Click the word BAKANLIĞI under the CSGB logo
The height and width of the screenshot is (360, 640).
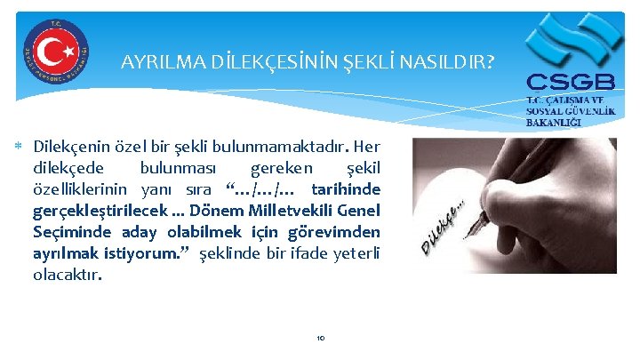pyautogui.click(x=553, y=121)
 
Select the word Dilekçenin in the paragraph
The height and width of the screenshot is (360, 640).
pyautogui.click(x=70, y=146)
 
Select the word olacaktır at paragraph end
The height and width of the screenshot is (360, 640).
pyautogui.click(x=67, y=275)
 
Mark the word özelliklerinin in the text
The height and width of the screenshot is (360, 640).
pyautogui.click(x=83, y=188)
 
